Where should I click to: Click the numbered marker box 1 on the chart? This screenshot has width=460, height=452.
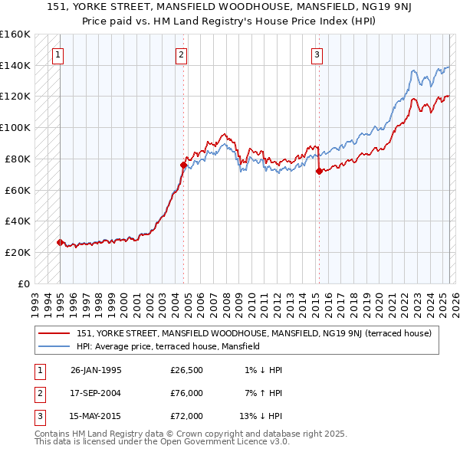pos(59,54)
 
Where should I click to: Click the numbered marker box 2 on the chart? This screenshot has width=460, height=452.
pos(181,54)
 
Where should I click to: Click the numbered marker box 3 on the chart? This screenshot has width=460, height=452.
pos(317,54)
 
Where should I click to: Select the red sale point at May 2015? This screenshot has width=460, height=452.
pos(319,171)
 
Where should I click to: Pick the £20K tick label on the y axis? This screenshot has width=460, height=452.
pos(17,252)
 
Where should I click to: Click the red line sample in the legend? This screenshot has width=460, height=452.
pos(54,333)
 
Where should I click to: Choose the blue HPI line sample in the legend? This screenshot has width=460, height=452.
pos(54,346)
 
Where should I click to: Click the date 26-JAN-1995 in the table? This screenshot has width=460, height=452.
pos(96,370)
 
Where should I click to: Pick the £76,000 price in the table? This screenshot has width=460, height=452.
pos(186,393)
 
